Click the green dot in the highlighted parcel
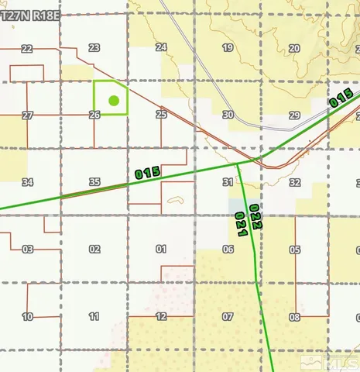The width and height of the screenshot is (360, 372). pos(114,100)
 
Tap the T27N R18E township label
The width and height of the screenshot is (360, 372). pos(32,14)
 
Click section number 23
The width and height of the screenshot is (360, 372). pos(94,48)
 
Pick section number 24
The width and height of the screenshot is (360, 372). pos(161,48)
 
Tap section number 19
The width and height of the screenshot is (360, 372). pos(228,48)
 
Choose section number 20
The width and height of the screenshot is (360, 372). pos(294,48)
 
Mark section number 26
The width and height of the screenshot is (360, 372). pos(94,115)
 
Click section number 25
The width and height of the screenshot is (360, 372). pos(161,115)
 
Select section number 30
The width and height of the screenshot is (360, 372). pos(228,115)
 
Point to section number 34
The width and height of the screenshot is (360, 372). pos(28,182)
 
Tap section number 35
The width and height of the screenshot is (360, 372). pos(94,182)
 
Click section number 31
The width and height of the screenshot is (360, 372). pos(228,182)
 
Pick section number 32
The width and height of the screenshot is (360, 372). pos(294,182)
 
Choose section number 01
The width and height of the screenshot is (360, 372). pos(161,250)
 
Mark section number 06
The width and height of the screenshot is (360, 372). pos(228,250)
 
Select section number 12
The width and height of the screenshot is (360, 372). pos(161,317)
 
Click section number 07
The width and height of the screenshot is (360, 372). pos(228,317)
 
